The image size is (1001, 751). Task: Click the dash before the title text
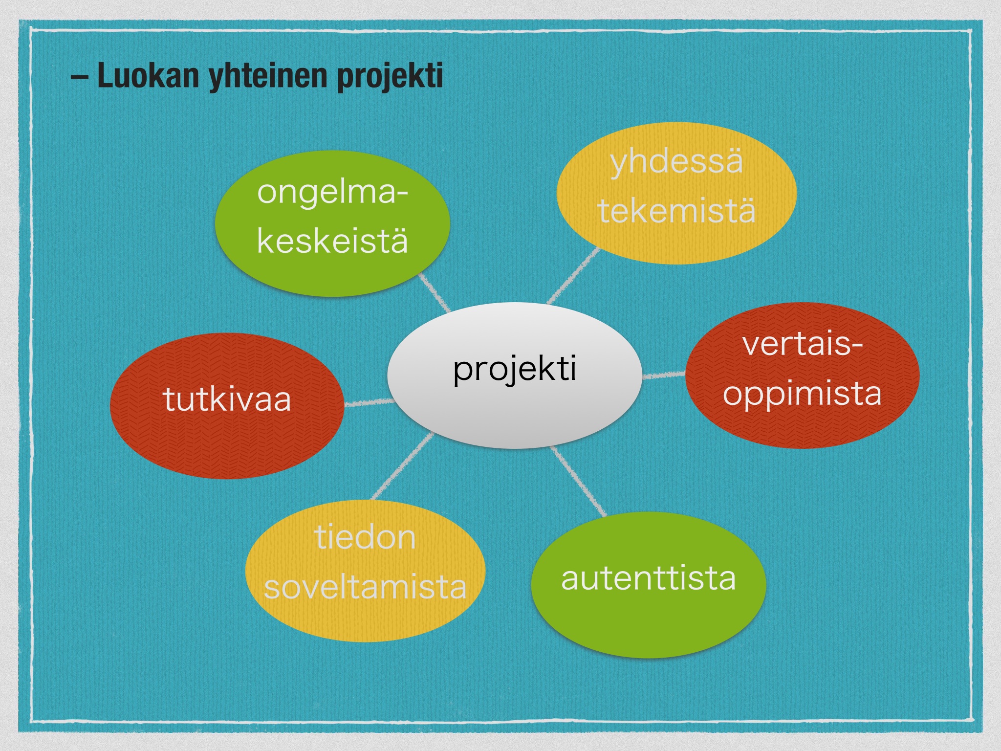(79, 77)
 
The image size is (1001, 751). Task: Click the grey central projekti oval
(514, 375)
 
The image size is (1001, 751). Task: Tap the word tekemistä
(676, 211)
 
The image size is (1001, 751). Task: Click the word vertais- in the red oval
(802, 344)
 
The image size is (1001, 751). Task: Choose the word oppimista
(802, 394)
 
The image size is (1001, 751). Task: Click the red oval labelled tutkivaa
(227, 405)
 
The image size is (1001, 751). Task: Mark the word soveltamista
(365, 587)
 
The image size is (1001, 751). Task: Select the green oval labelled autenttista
(648, 585)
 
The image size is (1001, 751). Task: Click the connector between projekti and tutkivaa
(369, 402)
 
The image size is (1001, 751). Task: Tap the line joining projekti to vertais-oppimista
(663, 375)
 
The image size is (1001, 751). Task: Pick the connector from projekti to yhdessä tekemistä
(573, 276)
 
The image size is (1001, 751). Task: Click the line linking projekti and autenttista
(578, 481)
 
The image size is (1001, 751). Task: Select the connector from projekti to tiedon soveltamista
(402, 466)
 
